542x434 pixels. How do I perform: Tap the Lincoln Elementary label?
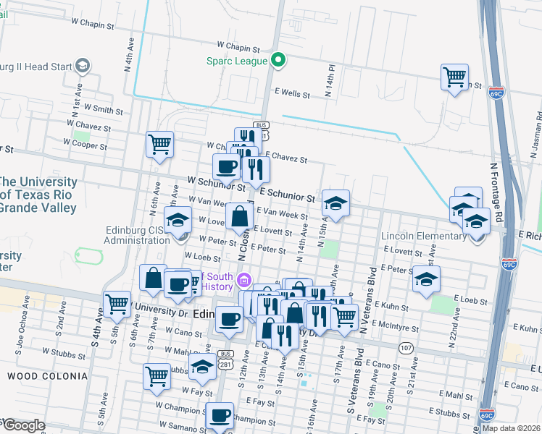[x=425, y=237]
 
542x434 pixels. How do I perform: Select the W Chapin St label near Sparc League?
[x=233, y=47]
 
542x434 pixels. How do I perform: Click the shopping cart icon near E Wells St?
[x=454, y=77]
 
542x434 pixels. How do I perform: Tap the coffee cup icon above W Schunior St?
[x=226, y=166]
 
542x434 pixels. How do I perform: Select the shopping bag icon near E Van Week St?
[x=239, y=216]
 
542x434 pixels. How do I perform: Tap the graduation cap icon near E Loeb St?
[x=427, y=278]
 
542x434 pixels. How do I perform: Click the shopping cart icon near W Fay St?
[x=157, y=377]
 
